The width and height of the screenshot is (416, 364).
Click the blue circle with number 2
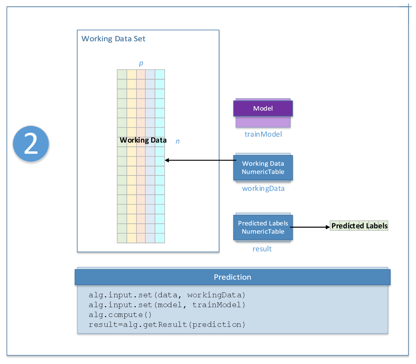[31, 144]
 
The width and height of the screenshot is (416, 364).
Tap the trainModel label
[263, 134]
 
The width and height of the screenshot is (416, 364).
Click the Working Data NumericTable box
[263, 168]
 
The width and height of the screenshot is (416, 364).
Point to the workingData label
[263, 189]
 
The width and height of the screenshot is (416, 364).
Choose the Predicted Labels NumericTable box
[263, 227]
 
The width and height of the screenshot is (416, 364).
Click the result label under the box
[262, 249]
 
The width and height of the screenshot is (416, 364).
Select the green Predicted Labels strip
[359, 226]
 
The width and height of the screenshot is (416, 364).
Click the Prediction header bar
[232, 277]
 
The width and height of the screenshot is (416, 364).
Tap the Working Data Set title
[113, 39]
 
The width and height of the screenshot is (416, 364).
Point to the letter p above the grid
[141, 63]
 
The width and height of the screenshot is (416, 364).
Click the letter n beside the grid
[178, 141]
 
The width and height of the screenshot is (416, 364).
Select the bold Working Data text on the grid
[143, 140]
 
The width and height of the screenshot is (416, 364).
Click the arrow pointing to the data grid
[201, 160]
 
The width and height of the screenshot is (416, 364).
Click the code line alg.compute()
[120, 315]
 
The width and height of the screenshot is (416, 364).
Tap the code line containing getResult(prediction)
[167, 325]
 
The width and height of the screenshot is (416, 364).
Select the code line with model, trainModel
[167, 305]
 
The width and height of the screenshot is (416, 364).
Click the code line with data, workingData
[167, 295]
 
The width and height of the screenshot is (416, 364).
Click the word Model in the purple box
[263, 108]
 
